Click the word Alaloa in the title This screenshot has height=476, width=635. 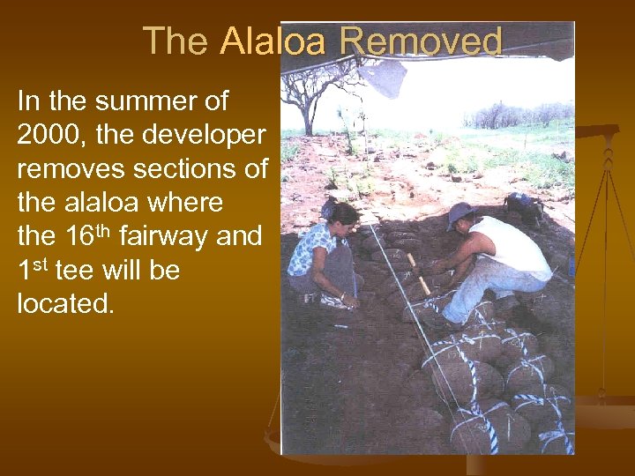tap(274, 41)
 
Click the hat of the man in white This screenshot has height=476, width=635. tap(460, 215)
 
